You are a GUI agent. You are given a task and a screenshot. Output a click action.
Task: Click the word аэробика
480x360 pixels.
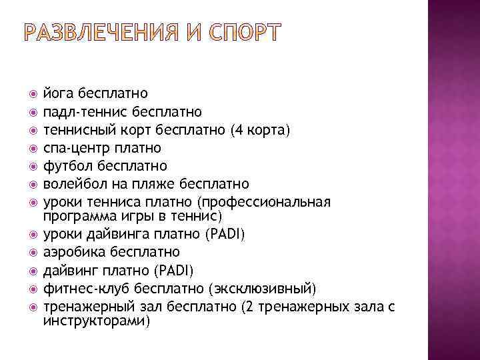coord(75,253)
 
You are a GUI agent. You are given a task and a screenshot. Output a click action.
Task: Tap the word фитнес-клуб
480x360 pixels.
coord(86,289)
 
